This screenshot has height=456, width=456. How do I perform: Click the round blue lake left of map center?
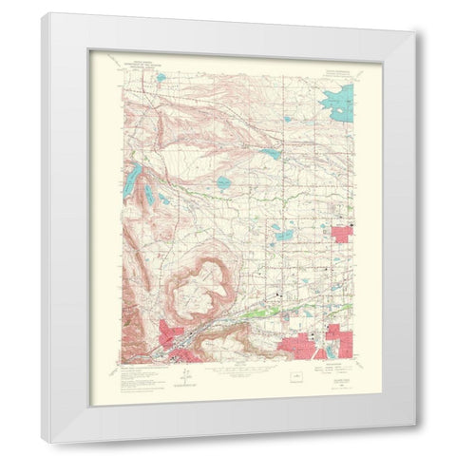coord(222,181)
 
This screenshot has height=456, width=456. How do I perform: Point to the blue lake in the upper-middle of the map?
coord(273,152)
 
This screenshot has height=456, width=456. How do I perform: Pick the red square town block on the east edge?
coord(341,231)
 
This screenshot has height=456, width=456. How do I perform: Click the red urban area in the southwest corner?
coord(180,341)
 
